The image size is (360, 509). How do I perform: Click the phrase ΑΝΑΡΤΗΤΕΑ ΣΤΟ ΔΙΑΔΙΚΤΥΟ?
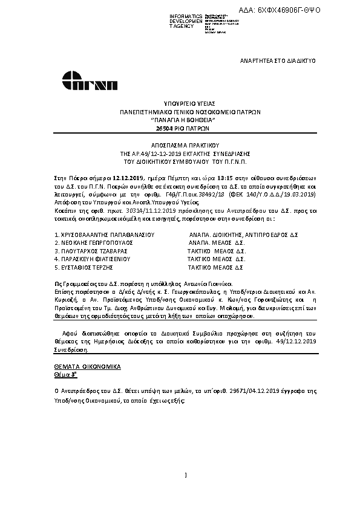coord(278,61)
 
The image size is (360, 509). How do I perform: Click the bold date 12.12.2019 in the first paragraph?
coord(127,178)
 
